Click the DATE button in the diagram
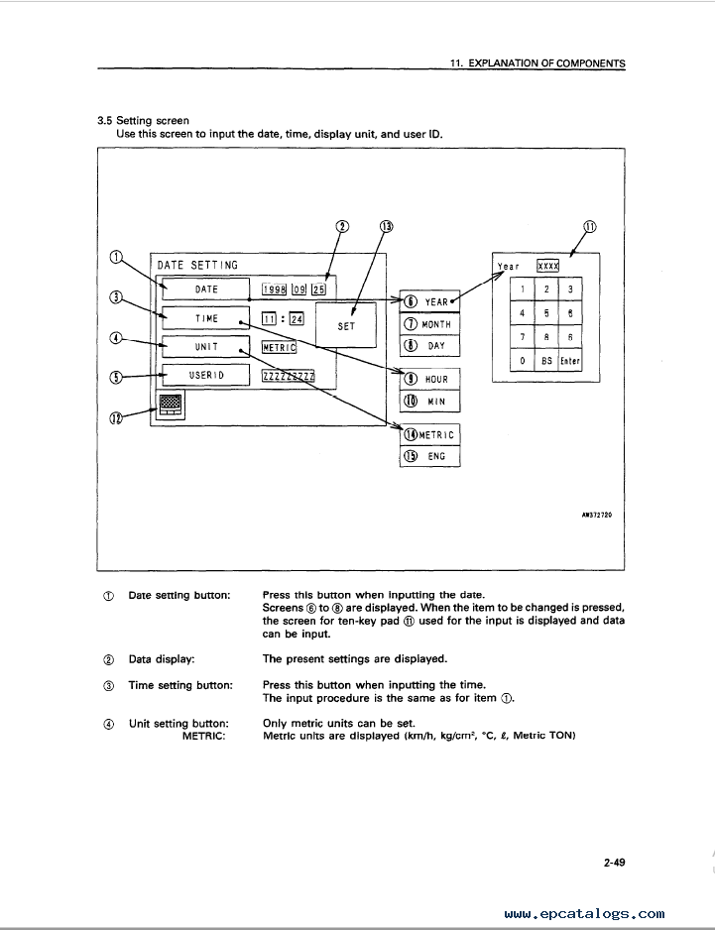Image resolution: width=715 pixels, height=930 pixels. [206, 289]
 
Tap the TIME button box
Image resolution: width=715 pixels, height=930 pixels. [206, 318]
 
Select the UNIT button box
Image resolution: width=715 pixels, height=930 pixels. [206, 346]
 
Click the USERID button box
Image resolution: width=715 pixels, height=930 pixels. [206, 375]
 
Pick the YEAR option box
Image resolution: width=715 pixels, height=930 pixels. [429, 301]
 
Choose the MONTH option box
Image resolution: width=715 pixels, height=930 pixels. [429, 324]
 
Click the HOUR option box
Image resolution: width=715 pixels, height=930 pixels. [429, 379]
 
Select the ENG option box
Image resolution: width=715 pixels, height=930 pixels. [429, 456]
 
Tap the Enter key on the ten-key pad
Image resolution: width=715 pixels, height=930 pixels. [569, 360]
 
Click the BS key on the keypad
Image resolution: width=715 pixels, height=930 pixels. [546, 360]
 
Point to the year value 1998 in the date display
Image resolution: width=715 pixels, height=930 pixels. [274, 289]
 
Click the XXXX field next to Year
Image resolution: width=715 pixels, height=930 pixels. [547, 266]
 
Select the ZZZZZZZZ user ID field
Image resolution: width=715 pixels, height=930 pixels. [289, 376]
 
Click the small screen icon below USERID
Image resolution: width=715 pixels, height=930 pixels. [171, 405]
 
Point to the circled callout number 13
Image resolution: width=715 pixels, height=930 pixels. [387, 227]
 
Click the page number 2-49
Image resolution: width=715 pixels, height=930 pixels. [614, 863]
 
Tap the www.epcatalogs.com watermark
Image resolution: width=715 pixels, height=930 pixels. [584, 914]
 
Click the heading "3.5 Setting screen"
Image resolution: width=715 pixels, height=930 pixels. [143, 120]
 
